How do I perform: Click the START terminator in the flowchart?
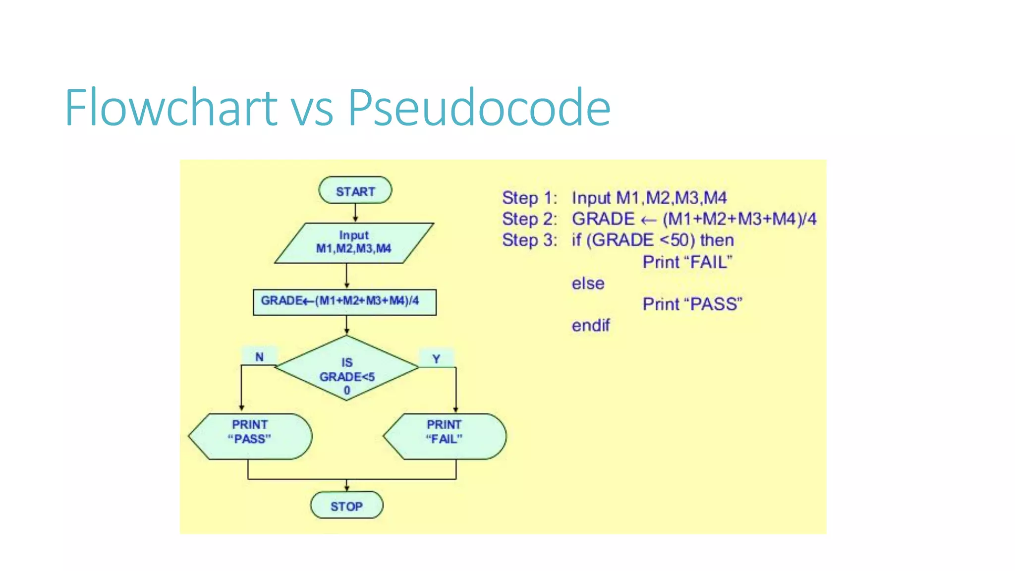tap(355, 191)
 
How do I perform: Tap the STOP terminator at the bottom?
tap(346, 506)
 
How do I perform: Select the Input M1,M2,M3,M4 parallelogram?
tap(354, 242)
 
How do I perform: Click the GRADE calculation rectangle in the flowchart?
tap(344, 302)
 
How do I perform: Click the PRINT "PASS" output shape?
tap(250, 436)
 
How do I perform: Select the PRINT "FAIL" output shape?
tap(445, 436)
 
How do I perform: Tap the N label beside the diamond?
tap(259, 357)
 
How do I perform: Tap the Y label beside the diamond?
tap(436, 359)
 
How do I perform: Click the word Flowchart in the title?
tap(171, 108)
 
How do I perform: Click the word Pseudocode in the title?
tap(479, 108)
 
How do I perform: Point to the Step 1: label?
tap(529, 198)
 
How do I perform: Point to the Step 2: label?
tap(529, 219)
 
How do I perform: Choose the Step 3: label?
tap(529, 240)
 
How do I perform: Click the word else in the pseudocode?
tap(588, 284)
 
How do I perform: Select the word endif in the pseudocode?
tap(590, 326)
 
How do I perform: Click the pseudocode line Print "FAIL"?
tap(687, 262)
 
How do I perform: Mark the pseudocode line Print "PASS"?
tap(692, 304)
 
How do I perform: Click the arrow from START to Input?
tap(355, 213)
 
